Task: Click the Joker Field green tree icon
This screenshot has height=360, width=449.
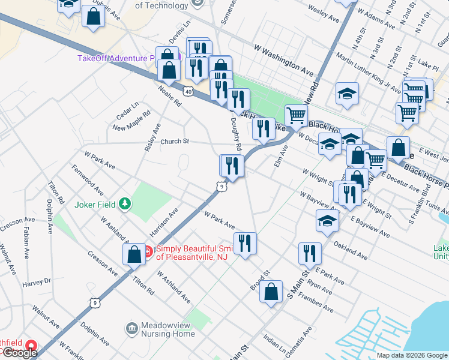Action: tap(125, 204)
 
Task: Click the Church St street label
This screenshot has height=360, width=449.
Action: tap(175, 142)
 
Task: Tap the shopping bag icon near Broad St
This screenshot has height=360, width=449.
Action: tap(272, 292)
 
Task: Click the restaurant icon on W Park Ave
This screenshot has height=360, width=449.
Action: tap(245, 243)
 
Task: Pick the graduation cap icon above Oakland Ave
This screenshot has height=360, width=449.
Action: tap(327, 220)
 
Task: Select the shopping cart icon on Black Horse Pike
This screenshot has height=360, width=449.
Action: tap(296, 115)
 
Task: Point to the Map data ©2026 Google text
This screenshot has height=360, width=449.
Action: tap(412, 355)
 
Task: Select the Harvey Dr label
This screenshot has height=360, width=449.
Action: tap(37, 281)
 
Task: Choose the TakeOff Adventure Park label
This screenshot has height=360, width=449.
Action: tap(117, 58)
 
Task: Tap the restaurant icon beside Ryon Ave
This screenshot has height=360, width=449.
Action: tap(310, 253)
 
